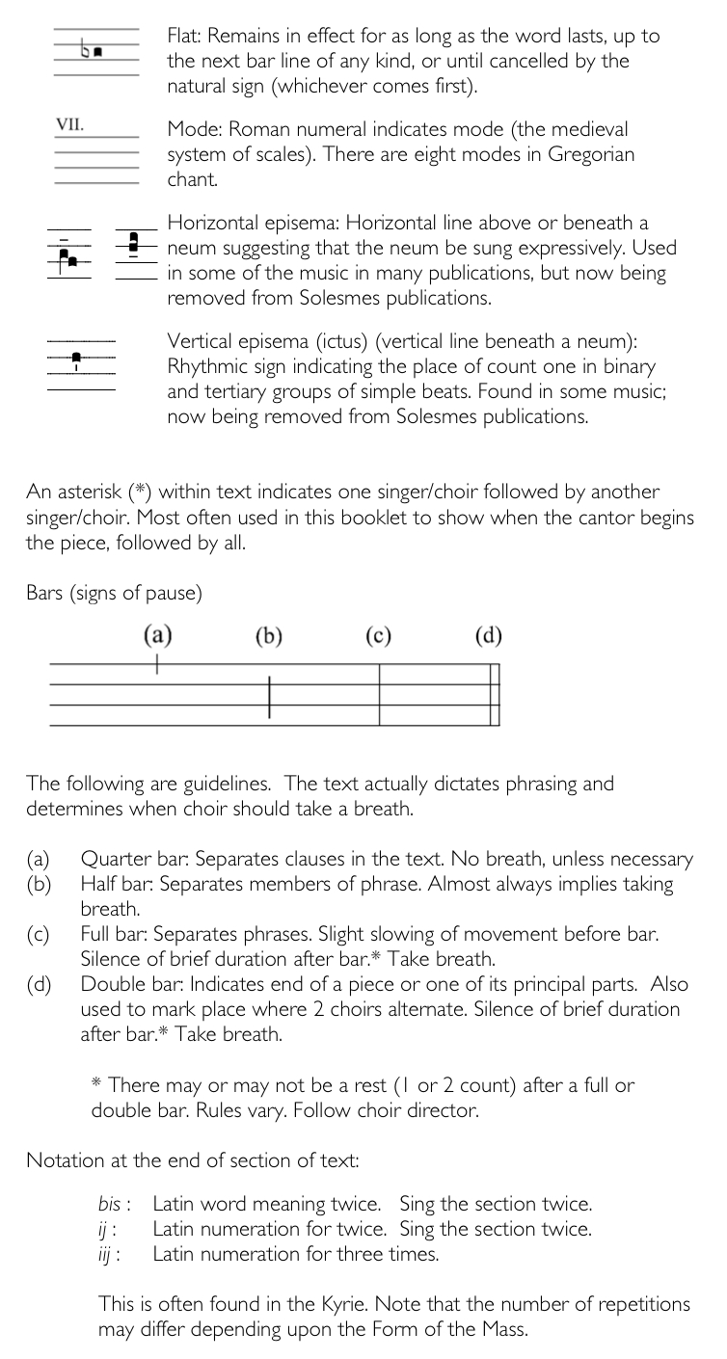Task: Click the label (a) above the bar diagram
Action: [158, 635]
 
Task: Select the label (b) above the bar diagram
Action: [269, 635]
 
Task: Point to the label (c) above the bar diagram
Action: [379, 635]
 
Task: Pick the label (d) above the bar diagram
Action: [489, 635]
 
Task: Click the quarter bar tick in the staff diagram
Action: [158, 664]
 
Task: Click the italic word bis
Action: [109, 1204]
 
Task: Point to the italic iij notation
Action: [106, 1254]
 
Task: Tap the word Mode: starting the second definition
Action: [193, 129]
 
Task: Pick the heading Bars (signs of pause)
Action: [114, 593]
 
